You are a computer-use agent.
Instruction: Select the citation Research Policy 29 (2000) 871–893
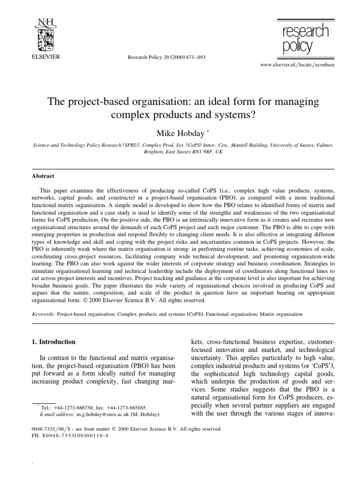(166, 57)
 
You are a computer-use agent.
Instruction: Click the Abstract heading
(43, 176)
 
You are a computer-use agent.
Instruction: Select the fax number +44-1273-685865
(126, 408)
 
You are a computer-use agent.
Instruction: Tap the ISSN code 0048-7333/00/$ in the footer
(49, 428)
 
